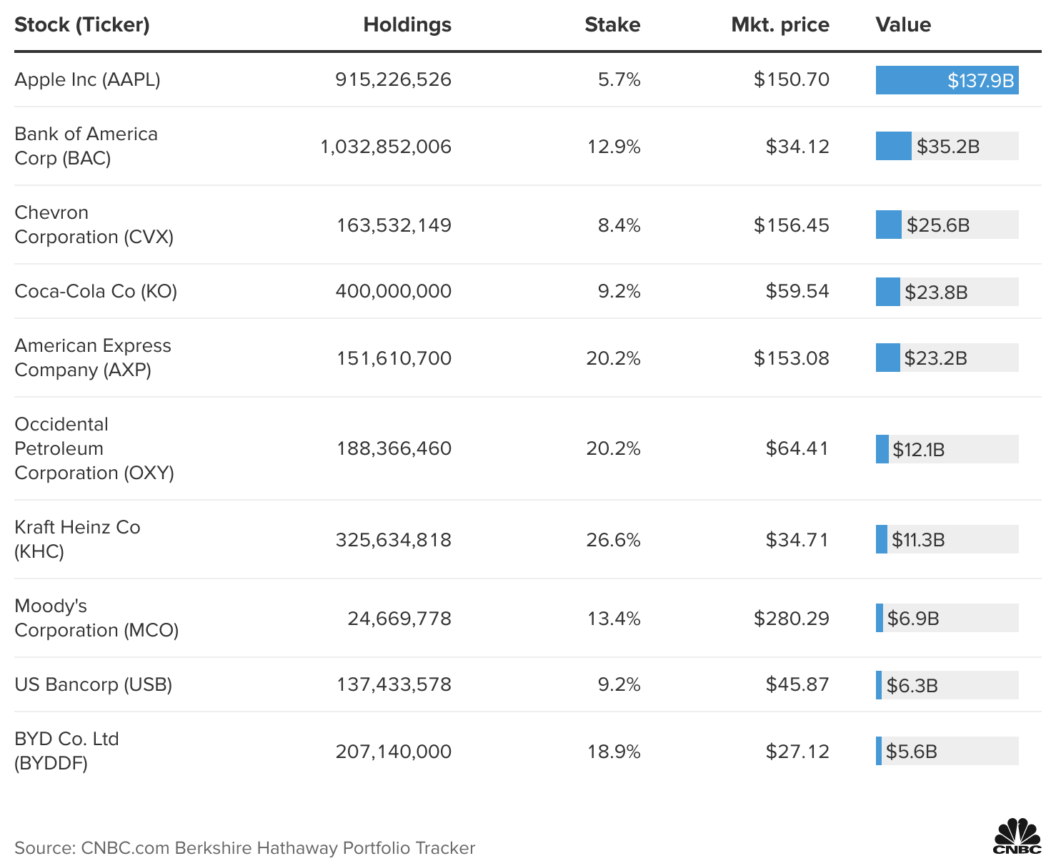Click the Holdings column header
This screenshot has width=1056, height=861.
[x=407, y=25]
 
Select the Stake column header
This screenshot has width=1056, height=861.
[x=612, y=25]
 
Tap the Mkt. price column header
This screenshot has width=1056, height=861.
[x=780, y=25]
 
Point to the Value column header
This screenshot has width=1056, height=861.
[x=903, y=25]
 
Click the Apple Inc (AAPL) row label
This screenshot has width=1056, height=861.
[x=87, y=79]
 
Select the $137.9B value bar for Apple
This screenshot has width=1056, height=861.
[x=947, y=80]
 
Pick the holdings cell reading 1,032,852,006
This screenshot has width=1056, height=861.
[x=386, y=147]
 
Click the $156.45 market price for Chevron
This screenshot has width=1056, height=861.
[x=791, y=225]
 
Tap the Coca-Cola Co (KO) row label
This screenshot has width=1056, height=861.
[x=96, y=291]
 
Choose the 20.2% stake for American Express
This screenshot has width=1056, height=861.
[x=613, y=358]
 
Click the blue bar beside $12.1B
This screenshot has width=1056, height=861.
[x=882, y=449]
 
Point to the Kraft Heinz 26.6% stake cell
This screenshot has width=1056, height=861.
[x=613, y=540]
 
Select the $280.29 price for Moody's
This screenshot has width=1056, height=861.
[x=791, y=619]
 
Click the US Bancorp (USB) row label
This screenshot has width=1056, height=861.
[x=93, y=684]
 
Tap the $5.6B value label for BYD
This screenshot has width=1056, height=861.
[x=912, y=752]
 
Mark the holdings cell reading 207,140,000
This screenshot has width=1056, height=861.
[x=394, y=752]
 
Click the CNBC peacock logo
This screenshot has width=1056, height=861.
[x=1017, y=837]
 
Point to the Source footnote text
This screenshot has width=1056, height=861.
[x=244, y=848]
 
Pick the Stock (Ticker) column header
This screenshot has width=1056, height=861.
[x=82, y=25]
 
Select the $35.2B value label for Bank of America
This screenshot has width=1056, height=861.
[x=948, y=147]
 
